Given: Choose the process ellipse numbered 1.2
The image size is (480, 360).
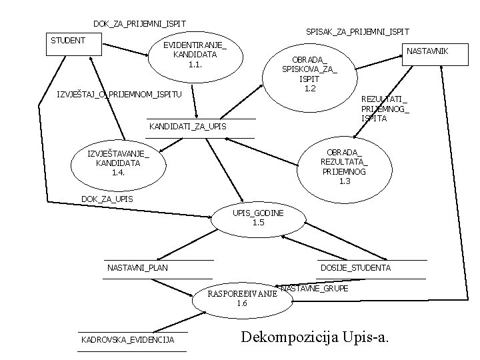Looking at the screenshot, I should point(309,74).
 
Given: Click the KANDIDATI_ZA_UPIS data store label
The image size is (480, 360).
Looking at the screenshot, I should point(187,127).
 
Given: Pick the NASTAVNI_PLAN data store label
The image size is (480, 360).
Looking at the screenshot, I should point(137,268).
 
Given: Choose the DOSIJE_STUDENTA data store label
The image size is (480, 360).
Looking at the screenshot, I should point(355,267).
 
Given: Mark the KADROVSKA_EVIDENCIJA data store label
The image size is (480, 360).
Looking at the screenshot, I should point(127,340).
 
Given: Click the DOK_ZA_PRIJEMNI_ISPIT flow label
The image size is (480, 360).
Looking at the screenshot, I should point(139,24).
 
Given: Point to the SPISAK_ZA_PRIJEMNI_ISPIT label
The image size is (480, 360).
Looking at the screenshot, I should point(357,32).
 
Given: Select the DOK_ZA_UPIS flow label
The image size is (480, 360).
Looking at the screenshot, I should point(107,199).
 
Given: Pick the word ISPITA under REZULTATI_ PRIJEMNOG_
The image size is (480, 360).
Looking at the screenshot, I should point(373,117).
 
